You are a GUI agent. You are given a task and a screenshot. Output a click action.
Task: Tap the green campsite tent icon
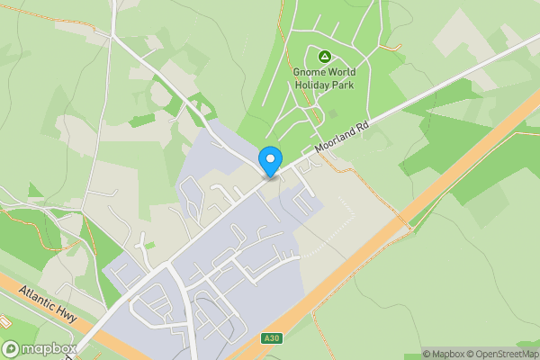[324, 58]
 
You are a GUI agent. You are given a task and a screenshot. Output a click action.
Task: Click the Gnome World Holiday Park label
[324, 78]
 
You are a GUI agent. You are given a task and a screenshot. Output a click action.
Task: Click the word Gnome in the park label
[310, 73]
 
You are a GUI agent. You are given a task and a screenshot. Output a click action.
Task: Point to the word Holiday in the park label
[312, 85]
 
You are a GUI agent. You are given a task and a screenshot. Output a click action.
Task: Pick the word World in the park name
[342, 73]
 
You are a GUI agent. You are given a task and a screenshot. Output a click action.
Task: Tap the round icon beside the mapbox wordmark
[11, 349]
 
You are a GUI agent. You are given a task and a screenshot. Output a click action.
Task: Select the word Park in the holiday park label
[343, 85]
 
